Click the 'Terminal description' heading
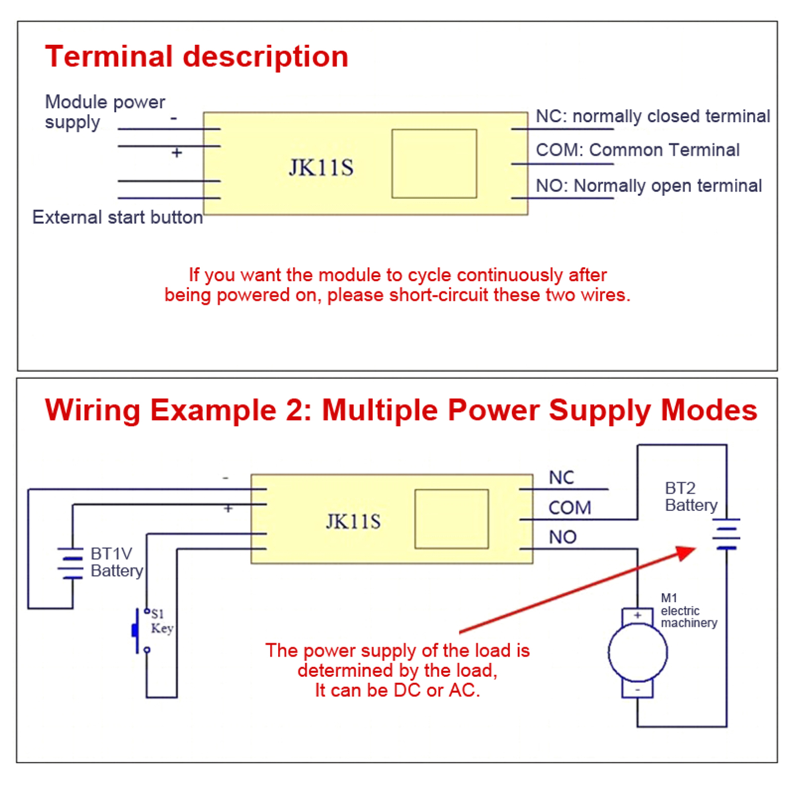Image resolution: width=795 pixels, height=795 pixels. pyautogui.click(x=196, y=57)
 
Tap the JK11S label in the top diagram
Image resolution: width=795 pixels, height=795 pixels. pyautogui.click(x=321, y=167)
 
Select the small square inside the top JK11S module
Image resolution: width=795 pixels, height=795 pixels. pyautogui.click(x=434, y=163)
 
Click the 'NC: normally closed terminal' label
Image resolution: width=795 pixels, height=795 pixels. pyautogui.click(x=652, y=116)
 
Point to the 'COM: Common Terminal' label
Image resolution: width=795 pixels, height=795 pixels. pyautogui.click(x=637, y=150)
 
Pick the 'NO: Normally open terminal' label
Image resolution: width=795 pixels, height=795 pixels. pyautogui.click(x=648, y=186)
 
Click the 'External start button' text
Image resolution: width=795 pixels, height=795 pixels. pyautogui.click(x=118, y=218)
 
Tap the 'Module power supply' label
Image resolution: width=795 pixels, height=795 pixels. pyautogui.click(x=104, y=112)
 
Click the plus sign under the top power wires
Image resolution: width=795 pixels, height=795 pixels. pyautogui.click(x=176, y=153)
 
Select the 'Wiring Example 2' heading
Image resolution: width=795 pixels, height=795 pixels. pyautogui.click(x=400, y=410)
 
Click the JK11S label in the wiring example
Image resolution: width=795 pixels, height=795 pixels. pyautogui.click(x=353, y=521)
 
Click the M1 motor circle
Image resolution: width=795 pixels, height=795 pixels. pyautogui.click(x=637, y=652)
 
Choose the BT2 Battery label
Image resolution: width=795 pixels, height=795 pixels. pyautogui.click(x=691, y=496)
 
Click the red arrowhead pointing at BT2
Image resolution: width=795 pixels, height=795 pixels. pyautogui.click(x=686, y=553)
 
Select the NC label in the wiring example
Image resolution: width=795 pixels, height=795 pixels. pyautogui.click(x=561, y=477)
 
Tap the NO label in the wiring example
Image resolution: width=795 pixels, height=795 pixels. pyautogui.click(x=562, y=537)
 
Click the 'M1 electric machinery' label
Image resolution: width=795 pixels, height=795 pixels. pyautogui.click(x=688, y=611)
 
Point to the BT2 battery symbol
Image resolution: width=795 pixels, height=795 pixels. pyautogui.click(x=726, y=534)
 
